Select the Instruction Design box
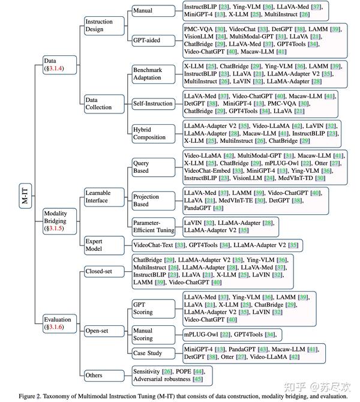(99, 26)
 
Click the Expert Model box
(99, 245)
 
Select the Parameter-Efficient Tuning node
(154, 226)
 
